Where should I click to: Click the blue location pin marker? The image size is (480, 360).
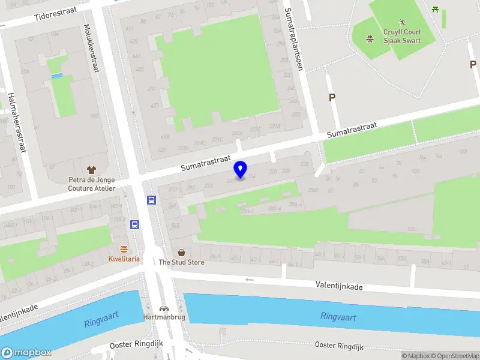click(241, 169)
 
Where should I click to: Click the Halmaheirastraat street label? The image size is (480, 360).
click(17, 122)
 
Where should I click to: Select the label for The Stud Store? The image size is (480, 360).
click(181, 262)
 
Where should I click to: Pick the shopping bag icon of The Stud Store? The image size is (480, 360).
click(181, 253)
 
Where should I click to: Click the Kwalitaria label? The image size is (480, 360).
click(124, 259)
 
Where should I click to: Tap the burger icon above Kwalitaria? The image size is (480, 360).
click(124, 249)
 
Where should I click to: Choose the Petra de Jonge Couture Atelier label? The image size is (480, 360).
click(91, 184)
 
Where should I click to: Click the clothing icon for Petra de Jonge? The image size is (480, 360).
click(91, 170)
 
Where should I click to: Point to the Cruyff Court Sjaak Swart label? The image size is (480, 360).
click(403, 37)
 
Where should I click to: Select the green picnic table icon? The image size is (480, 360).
click(435, 9)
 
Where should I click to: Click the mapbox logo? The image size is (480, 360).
click(26, 352)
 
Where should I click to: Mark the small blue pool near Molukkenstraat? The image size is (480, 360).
click(57, 76)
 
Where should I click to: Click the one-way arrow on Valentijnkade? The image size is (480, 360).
click(249, 280)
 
